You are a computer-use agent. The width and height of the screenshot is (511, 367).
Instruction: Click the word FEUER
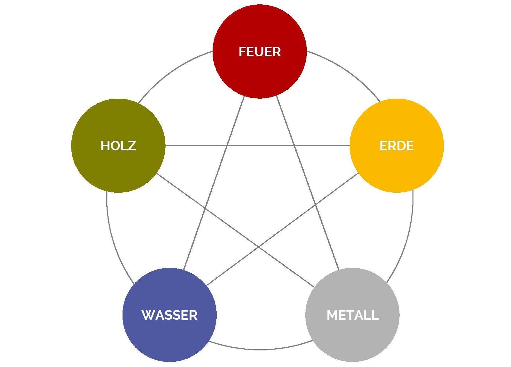(259, 52)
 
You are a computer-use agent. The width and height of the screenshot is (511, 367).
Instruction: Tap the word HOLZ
(118, 146)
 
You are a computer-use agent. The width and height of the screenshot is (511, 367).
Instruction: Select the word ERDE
(396, 146)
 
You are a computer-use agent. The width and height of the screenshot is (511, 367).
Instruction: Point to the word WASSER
(169, 315)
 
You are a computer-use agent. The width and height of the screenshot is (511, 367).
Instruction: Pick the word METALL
(352, 315)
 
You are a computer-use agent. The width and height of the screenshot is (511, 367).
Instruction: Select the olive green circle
(118, 168)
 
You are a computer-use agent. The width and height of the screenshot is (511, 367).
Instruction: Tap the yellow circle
(396, 168)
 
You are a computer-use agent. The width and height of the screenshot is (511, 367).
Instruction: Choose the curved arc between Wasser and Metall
(261, 349)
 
